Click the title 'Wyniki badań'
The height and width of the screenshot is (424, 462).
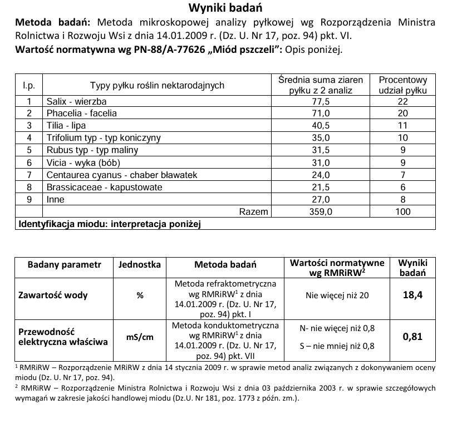point(226,8)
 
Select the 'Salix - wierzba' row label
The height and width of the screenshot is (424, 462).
point(77,101)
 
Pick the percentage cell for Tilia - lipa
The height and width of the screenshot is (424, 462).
point(403,126)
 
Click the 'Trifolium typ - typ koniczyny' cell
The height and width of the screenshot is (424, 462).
point(104,138)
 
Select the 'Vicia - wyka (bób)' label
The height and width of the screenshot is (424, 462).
point(83,162)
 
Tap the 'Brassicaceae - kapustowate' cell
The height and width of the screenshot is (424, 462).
point(105,187)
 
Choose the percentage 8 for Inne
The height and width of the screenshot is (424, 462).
point(403,199)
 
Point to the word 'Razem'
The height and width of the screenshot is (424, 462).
point(253,211)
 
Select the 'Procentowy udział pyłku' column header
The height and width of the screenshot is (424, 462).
point(403,85)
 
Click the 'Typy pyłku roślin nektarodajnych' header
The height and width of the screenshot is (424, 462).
point(157,85)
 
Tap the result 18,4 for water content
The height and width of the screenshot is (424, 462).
point(412,295)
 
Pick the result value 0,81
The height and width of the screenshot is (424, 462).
point(412,336)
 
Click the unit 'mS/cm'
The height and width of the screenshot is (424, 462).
point(140,337)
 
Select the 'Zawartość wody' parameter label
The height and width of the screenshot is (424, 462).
point(53,295)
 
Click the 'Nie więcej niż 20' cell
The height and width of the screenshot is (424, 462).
point(337,295)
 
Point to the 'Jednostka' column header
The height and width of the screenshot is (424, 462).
point(140,264)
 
